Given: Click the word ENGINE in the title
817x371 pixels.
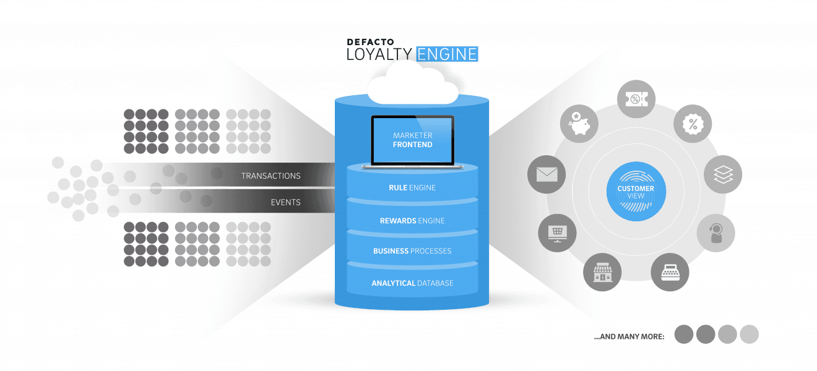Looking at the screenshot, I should coord(447,54).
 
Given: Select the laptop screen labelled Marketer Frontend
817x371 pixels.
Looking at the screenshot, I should coord(412,140).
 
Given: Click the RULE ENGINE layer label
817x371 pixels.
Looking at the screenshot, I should coord(412,187).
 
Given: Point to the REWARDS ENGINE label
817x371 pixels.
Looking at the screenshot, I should coord(412,221).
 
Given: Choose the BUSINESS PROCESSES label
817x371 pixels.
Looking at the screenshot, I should coord(412,251).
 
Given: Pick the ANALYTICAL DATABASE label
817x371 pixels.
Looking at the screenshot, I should coord(412,283).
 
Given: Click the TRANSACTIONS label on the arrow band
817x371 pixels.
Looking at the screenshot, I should coord(270,176).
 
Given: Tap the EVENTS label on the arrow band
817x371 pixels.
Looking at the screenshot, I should coord(285,202).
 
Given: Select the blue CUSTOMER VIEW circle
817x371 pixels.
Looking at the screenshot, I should coord(636,191).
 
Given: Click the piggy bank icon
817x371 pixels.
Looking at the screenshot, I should coord(579,122).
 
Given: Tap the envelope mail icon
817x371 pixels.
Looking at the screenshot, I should coord(547,175).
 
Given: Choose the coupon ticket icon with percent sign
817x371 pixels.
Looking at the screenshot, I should coord(636,100).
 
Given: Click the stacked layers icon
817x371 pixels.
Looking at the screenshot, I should coord(723,175).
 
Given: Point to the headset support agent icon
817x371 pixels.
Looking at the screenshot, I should coord(716,233).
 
